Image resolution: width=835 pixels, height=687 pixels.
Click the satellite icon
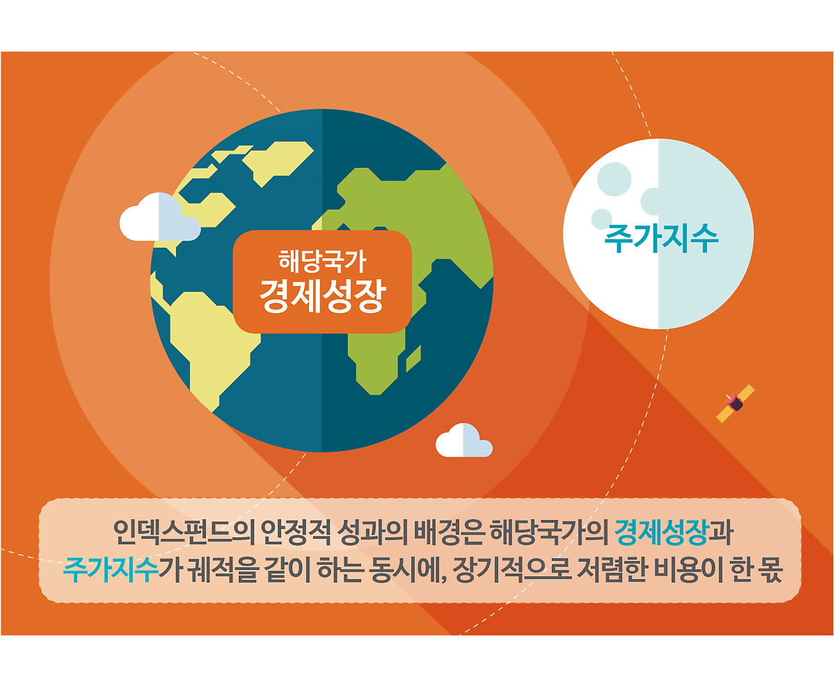tap(735, 403)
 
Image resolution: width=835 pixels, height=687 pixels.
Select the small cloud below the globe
tap(463, 440)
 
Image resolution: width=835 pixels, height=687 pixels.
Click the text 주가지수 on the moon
tap(661, 239)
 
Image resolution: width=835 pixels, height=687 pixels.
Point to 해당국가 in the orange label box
tap(322, 261)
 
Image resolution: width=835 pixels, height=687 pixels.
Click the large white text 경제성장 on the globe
tap(322, 297)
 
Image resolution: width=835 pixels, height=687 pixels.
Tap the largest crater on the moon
tap(614, 179)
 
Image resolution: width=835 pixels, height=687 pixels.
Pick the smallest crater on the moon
tap(601, 219)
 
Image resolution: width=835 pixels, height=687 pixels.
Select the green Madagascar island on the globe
tap(413, 358)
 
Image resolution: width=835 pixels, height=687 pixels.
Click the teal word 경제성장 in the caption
tap(661, 532)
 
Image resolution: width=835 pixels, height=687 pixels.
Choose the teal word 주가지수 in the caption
tap(111, 569)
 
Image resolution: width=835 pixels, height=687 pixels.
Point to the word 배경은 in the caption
tap(449, 532)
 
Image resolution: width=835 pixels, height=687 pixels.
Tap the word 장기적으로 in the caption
tap(511, 569)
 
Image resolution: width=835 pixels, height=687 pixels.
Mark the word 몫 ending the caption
tap(770, 569)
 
